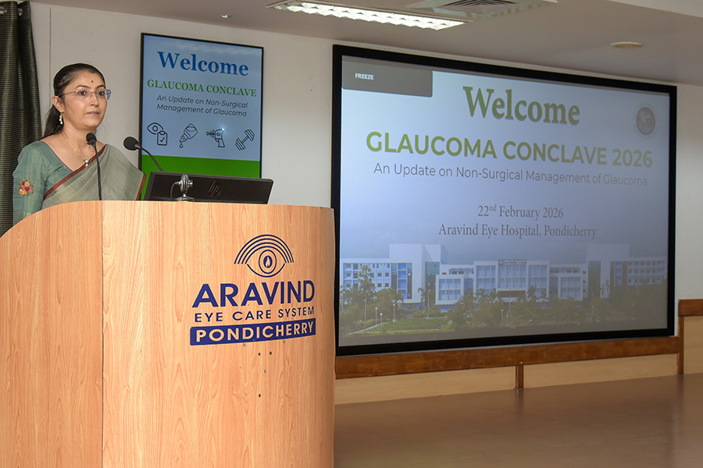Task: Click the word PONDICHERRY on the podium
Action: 253,332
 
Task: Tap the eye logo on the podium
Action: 264,256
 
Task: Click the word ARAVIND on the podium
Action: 253,294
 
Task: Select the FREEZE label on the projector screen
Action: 364,76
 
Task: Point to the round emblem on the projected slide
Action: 646,122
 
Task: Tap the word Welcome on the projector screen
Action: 522,106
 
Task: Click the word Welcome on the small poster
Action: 202,63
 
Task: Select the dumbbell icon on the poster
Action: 244,140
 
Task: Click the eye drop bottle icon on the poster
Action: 187,135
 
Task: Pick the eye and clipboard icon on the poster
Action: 157,133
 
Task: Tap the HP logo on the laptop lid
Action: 214,188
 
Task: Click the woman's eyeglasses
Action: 87,94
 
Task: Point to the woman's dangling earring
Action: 61,119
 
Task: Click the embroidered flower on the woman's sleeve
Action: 26,187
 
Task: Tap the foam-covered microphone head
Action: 131,144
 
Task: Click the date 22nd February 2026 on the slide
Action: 520,211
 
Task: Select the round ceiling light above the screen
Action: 626,44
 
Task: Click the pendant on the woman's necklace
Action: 86,162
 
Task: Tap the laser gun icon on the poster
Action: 216,136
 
